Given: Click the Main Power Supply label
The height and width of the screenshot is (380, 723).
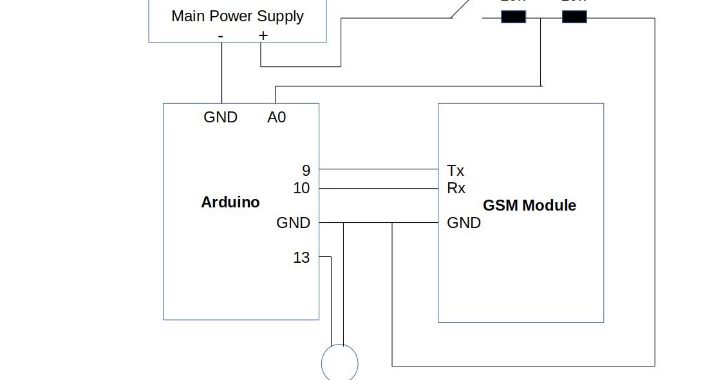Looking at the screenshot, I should coord(237,16).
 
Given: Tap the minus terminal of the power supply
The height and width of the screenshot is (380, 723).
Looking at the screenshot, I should coord(221,36).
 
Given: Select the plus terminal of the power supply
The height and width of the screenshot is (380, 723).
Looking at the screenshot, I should coord(263,36).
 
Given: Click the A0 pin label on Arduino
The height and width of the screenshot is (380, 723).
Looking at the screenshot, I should coord(277,117).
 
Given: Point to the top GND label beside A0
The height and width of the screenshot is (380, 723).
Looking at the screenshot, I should coord(220,117).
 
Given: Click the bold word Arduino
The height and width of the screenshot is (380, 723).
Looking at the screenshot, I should coord(230,202).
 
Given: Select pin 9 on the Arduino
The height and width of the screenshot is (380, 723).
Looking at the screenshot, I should coord(306,171).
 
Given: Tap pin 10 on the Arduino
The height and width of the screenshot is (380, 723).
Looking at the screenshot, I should coord(301,188).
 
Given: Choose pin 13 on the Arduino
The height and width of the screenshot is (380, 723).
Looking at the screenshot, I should coord(301,258).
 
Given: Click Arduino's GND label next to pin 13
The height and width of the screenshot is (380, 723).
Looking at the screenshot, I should coord(293,223).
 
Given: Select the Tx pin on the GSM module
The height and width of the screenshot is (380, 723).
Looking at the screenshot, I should coord(455,171).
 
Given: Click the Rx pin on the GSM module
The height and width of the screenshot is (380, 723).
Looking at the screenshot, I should coord(455,188).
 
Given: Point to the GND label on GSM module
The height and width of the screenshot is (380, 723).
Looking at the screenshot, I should coord(464,223).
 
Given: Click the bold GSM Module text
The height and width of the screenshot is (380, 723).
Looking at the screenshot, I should coord(529,205).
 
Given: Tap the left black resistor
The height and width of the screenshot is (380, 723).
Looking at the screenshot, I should coord(513,17).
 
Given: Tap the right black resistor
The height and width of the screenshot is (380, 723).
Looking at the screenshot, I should coord(574,17).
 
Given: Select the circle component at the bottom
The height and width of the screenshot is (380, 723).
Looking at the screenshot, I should coord(339,363).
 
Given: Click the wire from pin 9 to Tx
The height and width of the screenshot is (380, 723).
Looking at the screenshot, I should coord(379,169).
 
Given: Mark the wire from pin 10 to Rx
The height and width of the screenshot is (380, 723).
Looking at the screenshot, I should coord(379,189).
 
